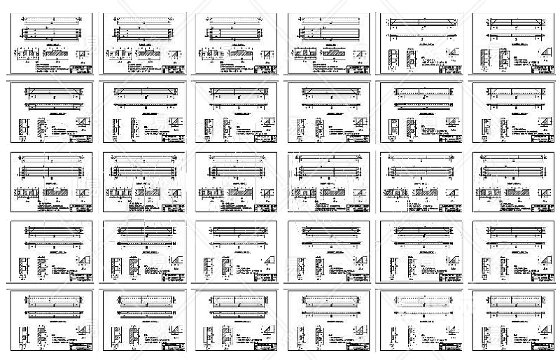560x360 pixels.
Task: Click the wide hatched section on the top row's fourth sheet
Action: point(333,53)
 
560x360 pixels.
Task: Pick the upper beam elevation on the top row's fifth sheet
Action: point(419,22)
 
